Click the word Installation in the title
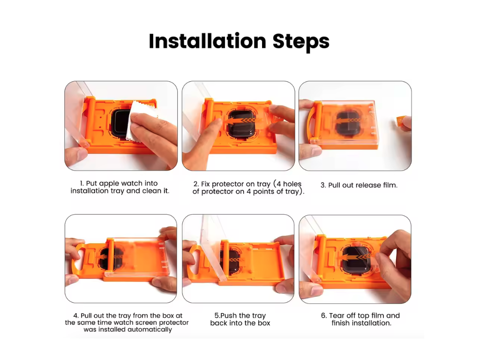coord(207,41)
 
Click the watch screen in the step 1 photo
coord(120,122)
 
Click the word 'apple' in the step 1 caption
coord(109,184)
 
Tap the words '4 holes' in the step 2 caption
coord(289,184)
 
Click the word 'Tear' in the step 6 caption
coord(337,315)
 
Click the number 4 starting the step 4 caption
coord(75,315)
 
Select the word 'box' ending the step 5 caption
coord(264,323)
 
